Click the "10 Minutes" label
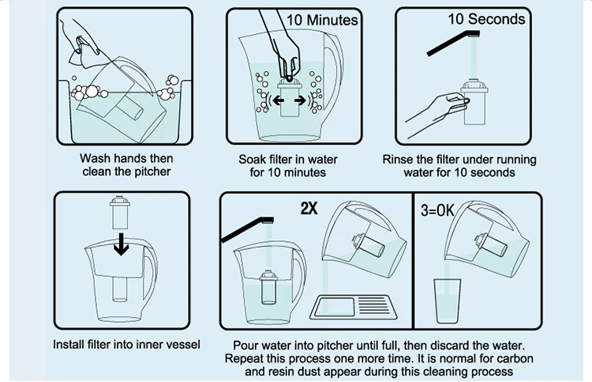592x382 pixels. click(321, 19)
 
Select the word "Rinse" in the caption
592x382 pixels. click(399, 159)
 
